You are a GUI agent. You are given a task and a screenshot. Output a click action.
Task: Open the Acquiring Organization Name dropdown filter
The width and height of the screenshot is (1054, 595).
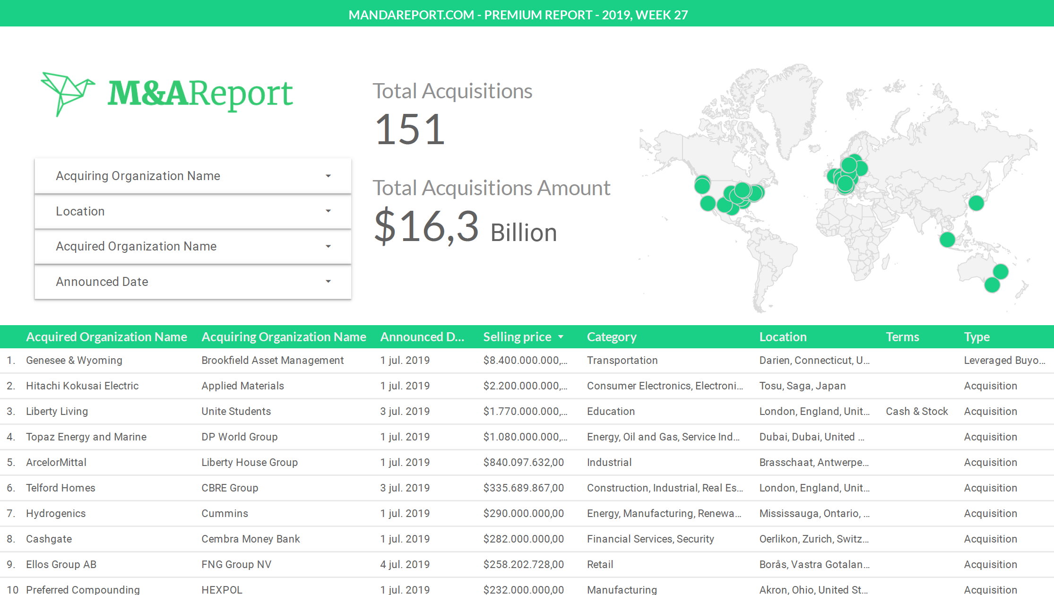pos(192,176)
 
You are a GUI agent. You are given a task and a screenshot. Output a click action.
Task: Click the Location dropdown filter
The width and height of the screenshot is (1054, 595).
pos(192,211)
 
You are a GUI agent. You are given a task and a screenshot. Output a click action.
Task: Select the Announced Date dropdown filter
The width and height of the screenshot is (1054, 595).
pos(192,282)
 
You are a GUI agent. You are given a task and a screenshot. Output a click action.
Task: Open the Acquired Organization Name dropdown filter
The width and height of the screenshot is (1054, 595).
pos(192,246)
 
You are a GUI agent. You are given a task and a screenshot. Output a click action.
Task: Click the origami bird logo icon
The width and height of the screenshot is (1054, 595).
pos(68,93)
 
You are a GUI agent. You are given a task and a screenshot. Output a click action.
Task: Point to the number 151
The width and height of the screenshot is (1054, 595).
pos(409,129)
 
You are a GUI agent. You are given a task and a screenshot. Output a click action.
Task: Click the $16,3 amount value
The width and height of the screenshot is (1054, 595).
pos(426,226)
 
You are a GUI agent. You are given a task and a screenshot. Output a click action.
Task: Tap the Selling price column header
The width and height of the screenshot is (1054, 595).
pos(517,337)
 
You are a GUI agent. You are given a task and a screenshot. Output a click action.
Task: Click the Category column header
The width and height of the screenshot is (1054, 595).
pos(612,337)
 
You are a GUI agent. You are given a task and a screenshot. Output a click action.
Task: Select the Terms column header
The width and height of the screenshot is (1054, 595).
pos(902,337)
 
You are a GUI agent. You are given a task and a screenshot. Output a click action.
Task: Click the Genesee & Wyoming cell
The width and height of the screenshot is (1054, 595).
pos(74,360)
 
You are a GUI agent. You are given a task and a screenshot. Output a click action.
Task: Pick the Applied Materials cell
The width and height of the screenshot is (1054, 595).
pos(242,386)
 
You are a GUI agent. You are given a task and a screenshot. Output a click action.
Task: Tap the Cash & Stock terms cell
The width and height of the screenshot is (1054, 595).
pos(916,411)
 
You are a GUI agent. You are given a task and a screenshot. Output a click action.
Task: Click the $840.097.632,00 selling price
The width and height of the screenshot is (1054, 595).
pos(523,462)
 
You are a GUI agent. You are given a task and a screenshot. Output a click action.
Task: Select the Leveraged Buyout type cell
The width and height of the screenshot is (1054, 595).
pos(1004,360)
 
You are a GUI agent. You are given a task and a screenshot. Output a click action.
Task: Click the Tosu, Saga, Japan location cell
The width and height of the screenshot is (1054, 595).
pos(802,386)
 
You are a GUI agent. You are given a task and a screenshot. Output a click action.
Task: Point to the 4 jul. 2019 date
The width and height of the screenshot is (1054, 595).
pos(405,564)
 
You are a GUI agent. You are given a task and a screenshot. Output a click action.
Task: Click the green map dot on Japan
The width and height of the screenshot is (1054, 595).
pos(976,203)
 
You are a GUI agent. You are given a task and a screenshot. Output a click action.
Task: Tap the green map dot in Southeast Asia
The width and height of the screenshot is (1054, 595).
pos(947,240)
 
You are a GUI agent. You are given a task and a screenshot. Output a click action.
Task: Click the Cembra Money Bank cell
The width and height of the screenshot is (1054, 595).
pos(251,539)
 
